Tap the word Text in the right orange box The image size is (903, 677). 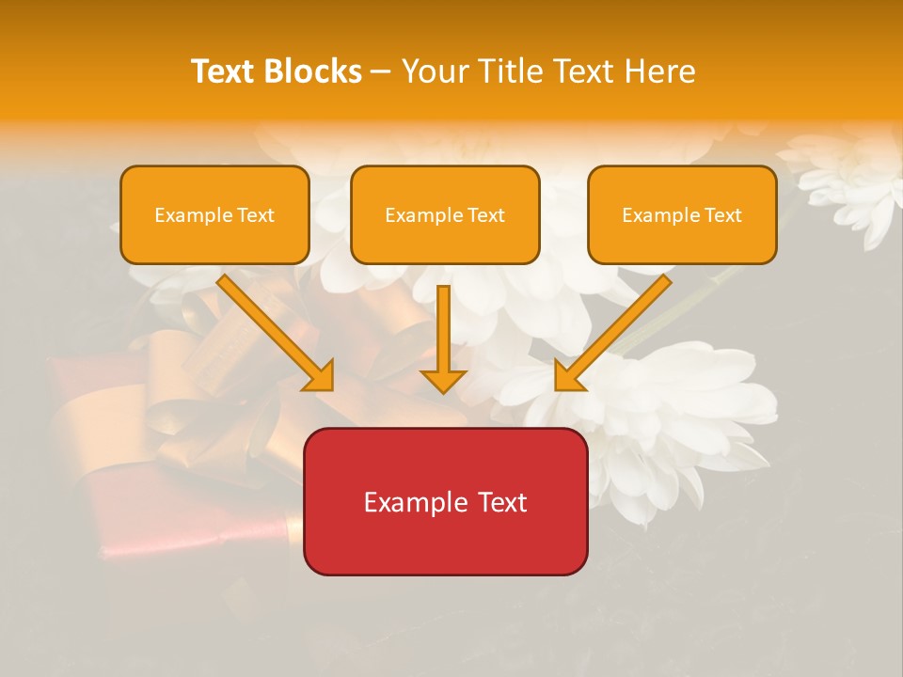point(722,215)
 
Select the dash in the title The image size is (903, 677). point(381,72)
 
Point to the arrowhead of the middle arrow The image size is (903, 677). point(443,380)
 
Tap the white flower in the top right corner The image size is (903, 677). point(851,183)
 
